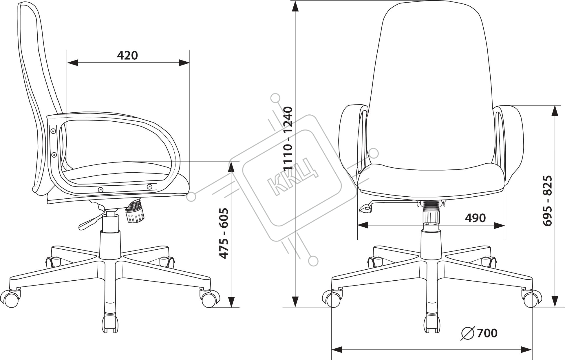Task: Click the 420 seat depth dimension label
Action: click(x=127, y=55)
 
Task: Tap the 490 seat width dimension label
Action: click(x=475, y=218)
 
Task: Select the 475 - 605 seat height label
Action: click(x=224, y=233)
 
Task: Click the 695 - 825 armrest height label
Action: click(x=547, y=200)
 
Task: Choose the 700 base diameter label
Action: click(x=487, y=333)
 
